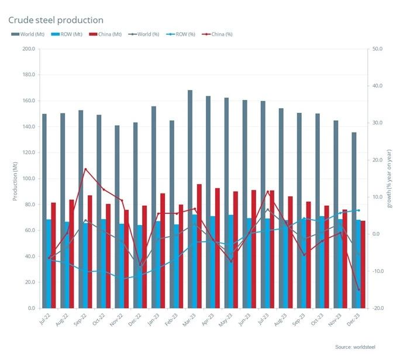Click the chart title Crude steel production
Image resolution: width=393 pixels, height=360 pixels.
click(56, 20)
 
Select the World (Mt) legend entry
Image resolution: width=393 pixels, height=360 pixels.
click(29, 34)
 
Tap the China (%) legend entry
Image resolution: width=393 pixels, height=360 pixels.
click(220, 34)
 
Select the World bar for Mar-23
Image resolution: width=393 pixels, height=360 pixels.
click(190, 199)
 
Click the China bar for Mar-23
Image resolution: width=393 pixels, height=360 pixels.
click(199, 246)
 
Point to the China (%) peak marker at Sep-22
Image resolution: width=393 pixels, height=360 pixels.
click(85, 169)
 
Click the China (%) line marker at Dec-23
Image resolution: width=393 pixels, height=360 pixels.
click(358, 290)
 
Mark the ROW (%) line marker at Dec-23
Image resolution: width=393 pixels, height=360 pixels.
click(358, 210)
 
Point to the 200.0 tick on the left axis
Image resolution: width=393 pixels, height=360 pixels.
click(28, 49)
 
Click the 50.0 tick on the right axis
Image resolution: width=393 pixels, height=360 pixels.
click(377, 49)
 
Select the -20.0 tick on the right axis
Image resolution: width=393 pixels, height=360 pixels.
click(377, 308)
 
